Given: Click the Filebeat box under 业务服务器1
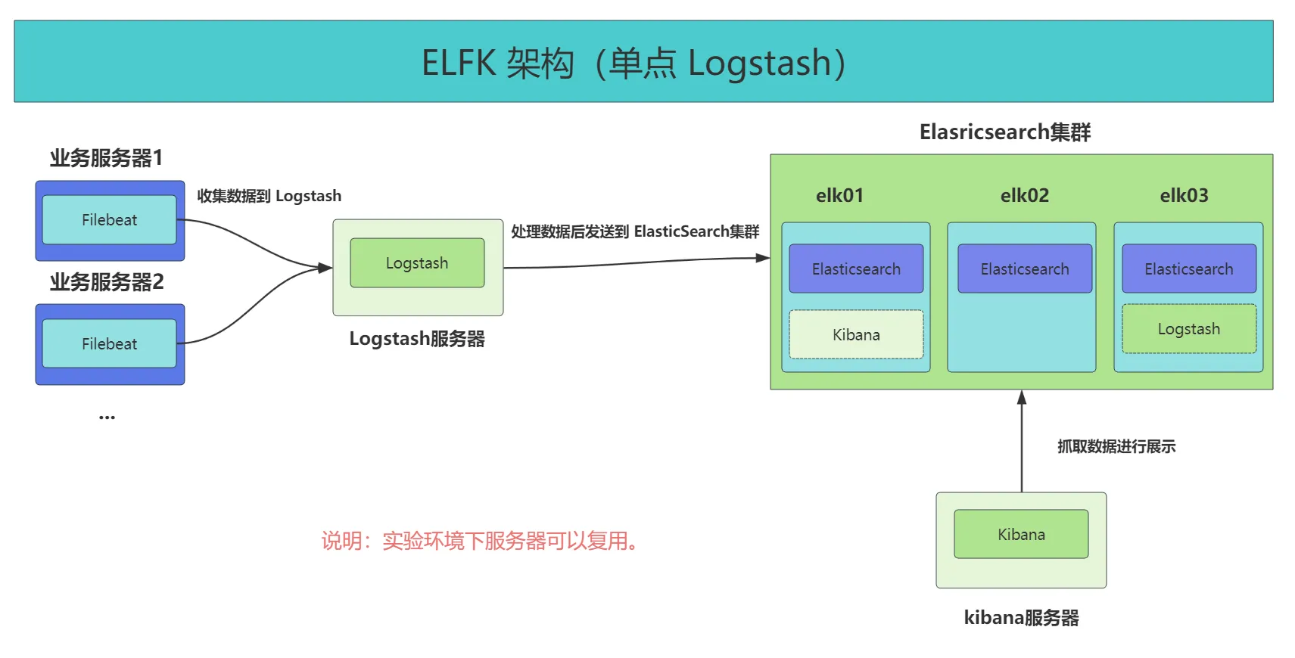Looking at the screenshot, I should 109,220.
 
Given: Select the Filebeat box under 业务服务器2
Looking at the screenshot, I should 109,344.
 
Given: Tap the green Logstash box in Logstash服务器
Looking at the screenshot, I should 417,263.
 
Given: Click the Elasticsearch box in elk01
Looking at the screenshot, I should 856,268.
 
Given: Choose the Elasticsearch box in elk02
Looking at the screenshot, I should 1025,268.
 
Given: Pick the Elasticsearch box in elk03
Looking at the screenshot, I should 1188,268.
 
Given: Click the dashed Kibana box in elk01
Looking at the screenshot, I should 856,334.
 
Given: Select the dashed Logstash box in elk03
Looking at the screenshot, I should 1188,329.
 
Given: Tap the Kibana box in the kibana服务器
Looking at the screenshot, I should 1021,534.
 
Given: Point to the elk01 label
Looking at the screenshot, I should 839,196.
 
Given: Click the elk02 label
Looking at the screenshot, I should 1025,196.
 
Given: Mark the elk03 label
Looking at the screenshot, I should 1184,196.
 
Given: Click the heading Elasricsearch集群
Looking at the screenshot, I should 1004,132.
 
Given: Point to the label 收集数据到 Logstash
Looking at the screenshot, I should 269,196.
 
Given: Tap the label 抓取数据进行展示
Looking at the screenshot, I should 1116,446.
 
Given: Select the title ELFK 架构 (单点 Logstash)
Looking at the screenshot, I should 633,63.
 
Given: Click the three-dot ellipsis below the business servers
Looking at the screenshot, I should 107,417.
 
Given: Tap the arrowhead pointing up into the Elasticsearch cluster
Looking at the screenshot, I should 1022,398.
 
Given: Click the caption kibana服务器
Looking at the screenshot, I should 1021,618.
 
